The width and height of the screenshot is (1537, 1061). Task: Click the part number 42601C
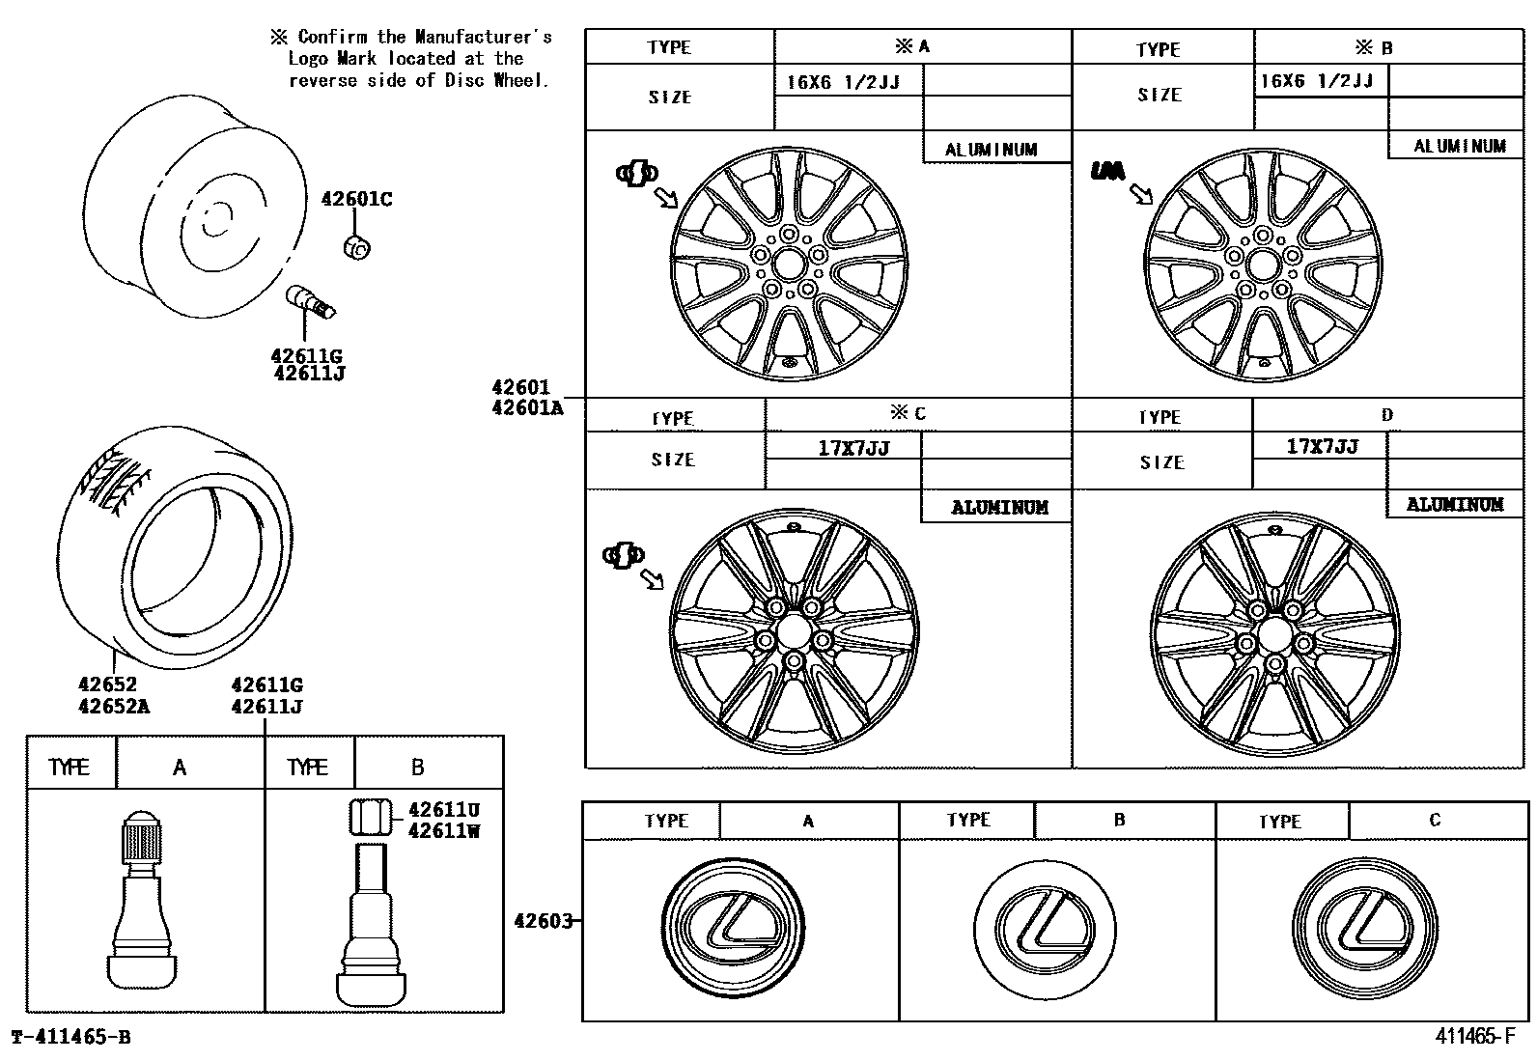(355, 200)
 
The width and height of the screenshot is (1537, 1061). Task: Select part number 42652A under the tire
(114, 706)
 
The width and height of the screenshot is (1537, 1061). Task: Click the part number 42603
(544, 920)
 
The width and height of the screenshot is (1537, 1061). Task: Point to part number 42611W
(443, 830)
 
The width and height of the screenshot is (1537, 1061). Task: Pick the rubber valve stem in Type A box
(143, 898)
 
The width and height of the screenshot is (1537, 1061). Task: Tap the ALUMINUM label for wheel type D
(1454, 504)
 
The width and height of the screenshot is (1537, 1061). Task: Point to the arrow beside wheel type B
(1142, 194)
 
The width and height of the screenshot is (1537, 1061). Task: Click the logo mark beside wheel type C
(622, 555)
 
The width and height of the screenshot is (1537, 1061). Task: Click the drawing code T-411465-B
(70, 1038)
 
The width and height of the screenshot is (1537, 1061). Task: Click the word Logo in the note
(309, 59)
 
